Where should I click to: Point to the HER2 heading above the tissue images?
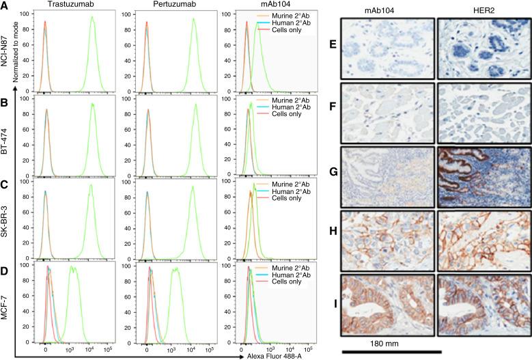tap(481, 13)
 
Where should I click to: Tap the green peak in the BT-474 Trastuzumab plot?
tap(91, 105)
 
